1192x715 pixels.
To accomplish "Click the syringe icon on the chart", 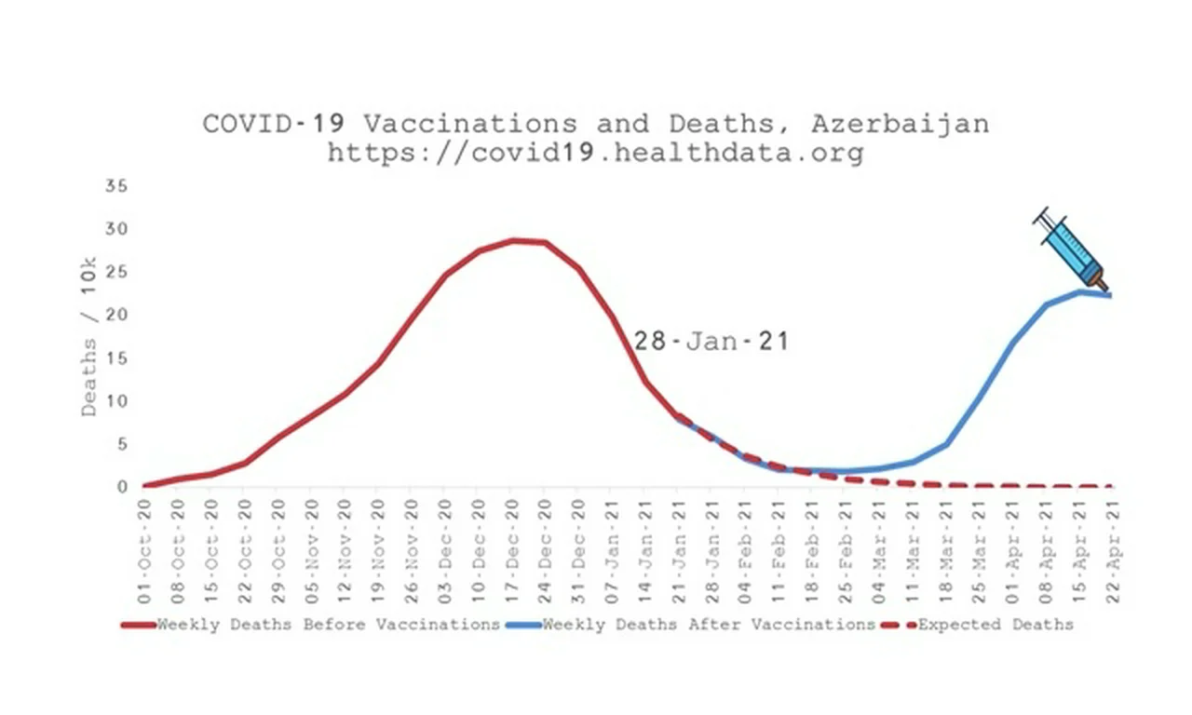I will click(1071, 248).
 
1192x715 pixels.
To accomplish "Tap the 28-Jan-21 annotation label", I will click(711, 342).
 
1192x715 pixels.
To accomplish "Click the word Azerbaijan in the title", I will click(900, 124).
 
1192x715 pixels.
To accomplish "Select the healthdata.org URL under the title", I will click(595, 153).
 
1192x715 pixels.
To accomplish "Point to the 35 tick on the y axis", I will click(115, 185).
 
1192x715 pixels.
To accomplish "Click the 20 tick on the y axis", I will click(115, 315).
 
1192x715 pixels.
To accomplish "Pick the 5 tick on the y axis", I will click(119, 444).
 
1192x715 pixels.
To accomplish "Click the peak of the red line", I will click(512, 240).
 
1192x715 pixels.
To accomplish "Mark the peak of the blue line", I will click(1080, 291).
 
